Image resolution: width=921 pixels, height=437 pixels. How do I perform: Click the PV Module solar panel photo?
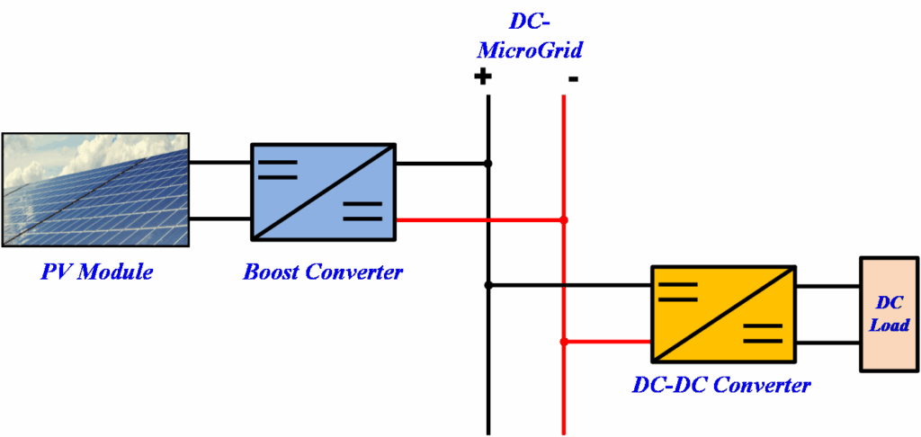pos(95,190)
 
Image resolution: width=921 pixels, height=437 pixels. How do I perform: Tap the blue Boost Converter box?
pos(323,192)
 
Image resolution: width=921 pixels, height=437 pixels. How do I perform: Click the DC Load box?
pos(889,314)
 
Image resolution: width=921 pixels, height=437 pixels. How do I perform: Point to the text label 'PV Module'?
pos(96,271)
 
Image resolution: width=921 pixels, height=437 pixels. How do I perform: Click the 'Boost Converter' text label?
pos(323,271)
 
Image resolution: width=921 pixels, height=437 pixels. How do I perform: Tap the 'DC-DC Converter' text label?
pos(721,386)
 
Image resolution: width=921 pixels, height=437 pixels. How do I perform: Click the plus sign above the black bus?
pos(483,76)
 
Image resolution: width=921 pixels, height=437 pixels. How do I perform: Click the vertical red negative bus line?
pos(564,396)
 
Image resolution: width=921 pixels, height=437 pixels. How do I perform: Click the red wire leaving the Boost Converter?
pos(441,219)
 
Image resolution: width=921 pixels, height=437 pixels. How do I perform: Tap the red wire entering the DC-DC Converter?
pos(606,342)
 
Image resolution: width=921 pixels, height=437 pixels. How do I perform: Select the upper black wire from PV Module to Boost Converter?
pos(219,164)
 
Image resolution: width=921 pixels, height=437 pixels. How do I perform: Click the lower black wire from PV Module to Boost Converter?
pos(219,218)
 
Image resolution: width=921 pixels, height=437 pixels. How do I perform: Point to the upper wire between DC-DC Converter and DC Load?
pos(827,287)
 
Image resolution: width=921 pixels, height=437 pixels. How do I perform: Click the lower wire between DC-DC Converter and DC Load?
pos(827,342)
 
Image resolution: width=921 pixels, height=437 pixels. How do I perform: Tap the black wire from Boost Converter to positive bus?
pos(441,164)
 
